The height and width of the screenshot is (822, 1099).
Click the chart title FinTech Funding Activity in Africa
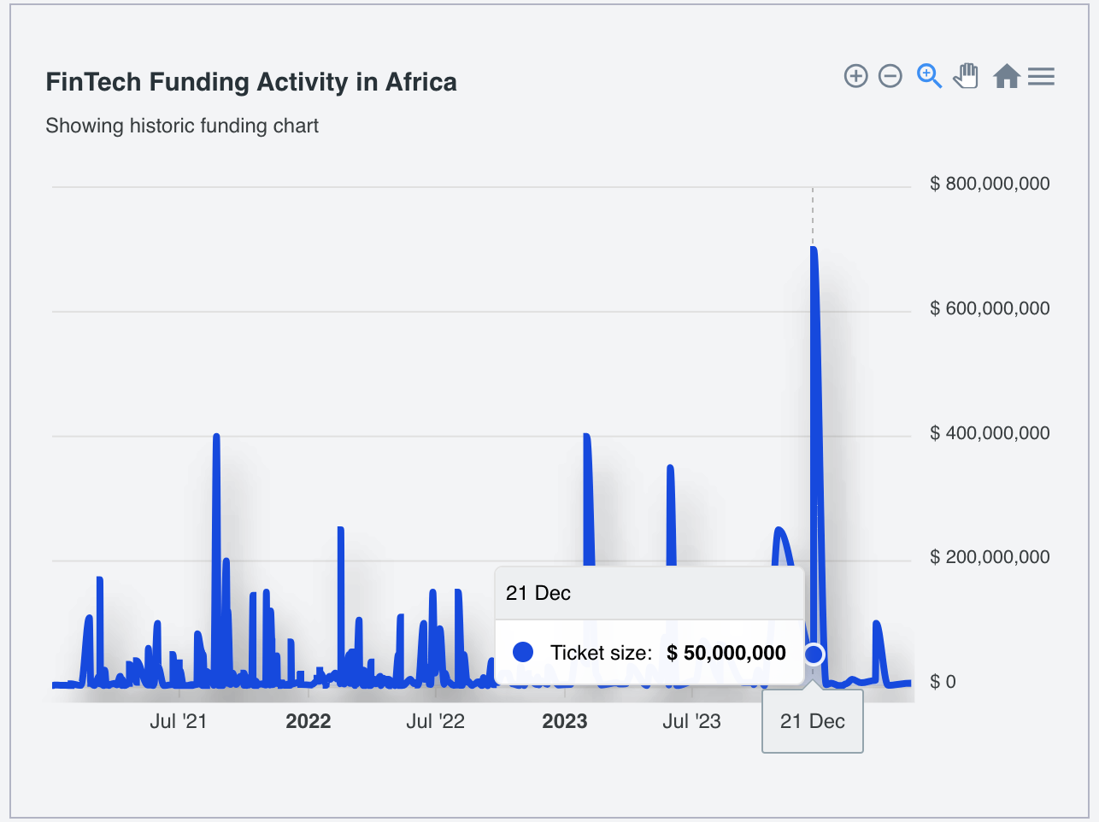coord(251,82)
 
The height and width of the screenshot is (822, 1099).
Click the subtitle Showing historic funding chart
coord(182,126)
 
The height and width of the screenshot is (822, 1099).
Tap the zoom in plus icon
coord(855,76)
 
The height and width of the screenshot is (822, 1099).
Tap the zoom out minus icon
coord(890,76)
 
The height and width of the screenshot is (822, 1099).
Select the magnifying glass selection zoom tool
coord(929,76)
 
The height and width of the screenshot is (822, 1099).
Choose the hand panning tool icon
coord(966,76)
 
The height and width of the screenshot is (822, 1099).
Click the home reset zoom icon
coord(1007,76)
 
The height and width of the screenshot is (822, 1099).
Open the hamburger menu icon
coord(1041,76)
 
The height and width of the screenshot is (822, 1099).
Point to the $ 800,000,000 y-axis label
coord(990,184)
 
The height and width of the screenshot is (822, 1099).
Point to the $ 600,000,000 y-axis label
coord(990,308)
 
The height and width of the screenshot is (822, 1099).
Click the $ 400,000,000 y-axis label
coord(990,433)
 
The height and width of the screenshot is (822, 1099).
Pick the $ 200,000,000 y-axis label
coord(990,557)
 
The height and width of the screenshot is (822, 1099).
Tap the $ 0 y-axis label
coord(943,682)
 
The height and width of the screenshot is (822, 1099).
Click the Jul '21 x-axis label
coord(179,721)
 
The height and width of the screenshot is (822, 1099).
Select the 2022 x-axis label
coord(308,721)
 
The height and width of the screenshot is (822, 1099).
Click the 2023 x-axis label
coord(564,721)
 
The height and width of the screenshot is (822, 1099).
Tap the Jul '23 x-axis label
coord(691,721)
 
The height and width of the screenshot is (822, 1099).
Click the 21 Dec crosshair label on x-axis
coord(813,721)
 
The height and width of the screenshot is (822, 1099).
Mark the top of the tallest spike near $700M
coord(814,250)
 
